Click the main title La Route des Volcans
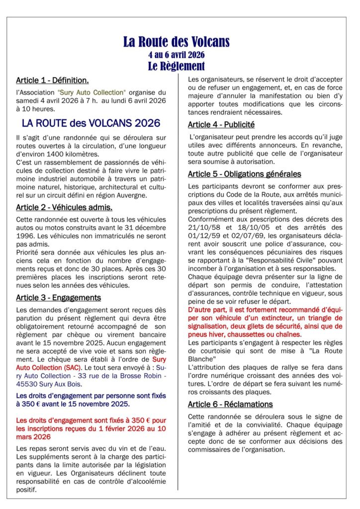[177, 42]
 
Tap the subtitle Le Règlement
[176, 66]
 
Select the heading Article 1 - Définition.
[52, 80]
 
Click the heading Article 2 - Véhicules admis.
[64, 207]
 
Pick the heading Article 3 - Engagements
[58, 297]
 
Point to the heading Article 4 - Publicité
[221, 125]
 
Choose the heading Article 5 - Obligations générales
[244, 174]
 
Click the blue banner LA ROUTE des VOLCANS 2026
[91, 123]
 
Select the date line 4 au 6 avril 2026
[176, 54]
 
